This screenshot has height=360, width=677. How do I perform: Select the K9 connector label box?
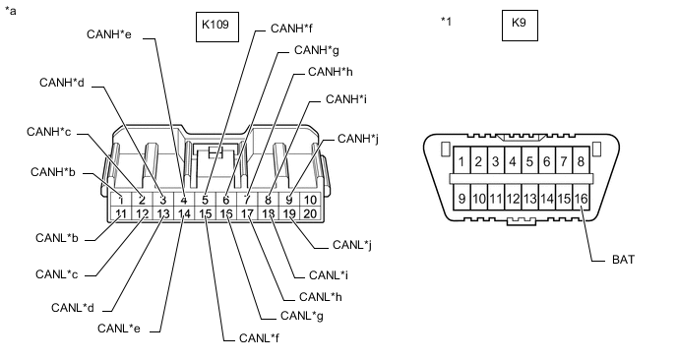(x=520, y=26)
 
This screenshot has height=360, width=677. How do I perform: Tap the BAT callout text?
(x=623, y=261)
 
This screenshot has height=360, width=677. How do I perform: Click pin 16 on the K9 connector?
(x=582, y=199)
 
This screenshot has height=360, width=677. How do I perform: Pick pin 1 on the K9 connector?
(x=462, y=161)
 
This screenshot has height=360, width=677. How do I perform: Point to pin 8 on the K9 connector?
(x=582, y=161)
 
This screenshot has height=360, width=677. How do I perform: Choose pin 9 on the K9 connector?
(x=462, y=199)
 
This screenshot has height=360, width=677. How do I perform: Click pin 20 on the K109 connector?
(x=310, y=213)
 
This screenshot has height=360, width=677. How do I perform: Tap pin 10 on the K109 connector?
(x=310, y=201)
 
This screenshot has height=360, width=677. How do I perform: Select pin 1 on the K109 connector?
(x=120, y=201)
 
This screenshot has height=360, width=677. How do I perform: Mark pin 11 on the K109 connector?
(x=120, y=213)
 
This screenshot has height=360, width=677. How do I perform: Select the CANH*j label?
(x=358, y=139)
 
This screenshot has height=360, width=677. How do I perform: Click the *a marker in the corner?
(x=11, y=11)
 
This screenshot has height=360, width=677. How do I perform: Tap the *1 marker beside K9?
(x=447, y=20)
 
